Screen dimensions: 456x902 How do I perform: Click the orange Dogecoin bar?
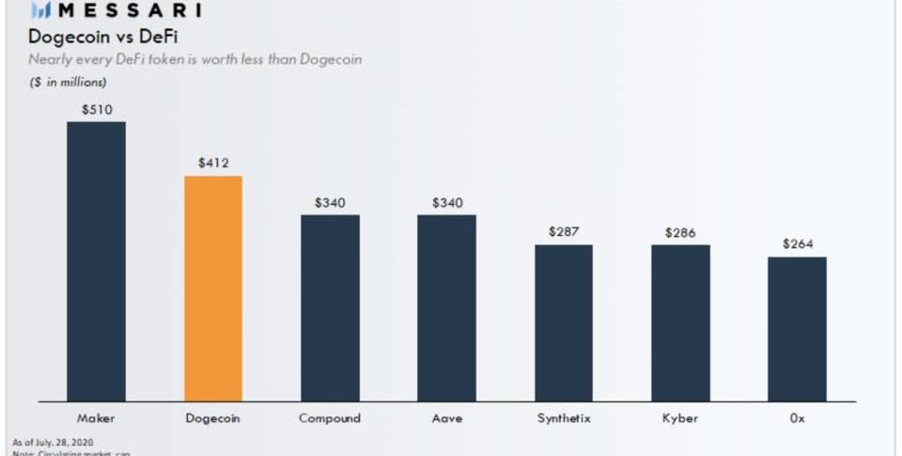click(x=213, y=289)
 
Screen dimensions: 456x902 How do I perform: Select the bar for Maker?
click(x=96, y=261)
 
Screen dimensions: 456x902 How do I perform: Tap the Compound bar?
click(x=330, y=308)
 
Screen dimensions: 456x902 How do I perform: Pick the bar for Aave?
click(x=446, y=308)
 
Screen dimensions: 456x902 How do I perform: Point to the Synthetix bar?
click(x=564, y=323)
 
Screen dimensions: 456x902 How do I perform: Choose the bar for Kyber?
click(x=680, y=323)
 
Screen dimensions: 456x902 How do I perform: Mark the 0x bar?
click(x=797, y=329)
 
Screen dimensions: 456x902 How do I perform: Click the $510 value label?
click(x=96, y=109)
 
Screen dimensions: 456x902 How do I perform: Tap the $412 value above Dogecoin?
click(x=213, y=163)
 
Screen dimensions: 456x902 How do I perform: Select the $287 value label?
click(x=564, y=231)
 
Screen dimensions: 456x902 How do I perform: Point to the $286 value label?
click(x=680, y=232)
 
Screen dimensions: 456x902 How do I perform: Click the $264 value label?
click(x=797, y=244)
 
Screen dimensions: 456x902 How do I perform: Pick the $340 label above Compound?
click(x=330, y=202)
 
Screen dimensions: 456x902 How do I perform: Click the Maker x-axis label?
click(x=96, y=417)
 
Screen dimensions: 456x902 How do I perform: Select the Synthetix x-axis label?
click(x=564, y=417)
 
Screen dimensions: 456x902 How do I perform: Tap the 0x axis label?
click(x=797, y=417)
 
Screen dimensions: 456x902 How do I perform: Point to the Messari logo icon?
click(x=40, y=11)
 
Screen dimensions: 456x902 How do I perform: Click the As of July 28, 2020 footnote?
click(x=53, y=442)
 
